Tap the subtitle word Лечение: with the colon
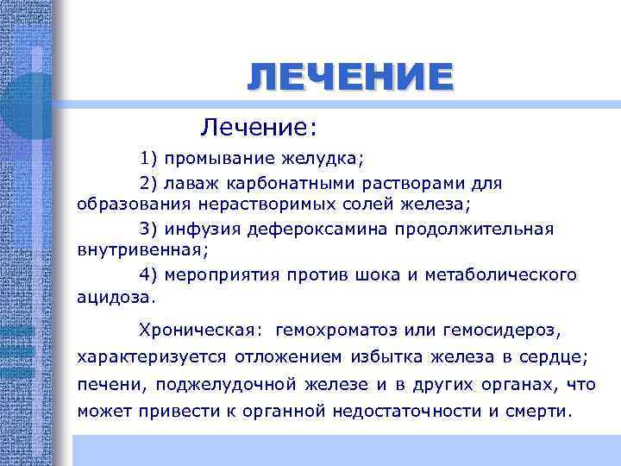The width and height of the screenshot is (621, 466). pyautogui.click(x=259, y=129)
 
